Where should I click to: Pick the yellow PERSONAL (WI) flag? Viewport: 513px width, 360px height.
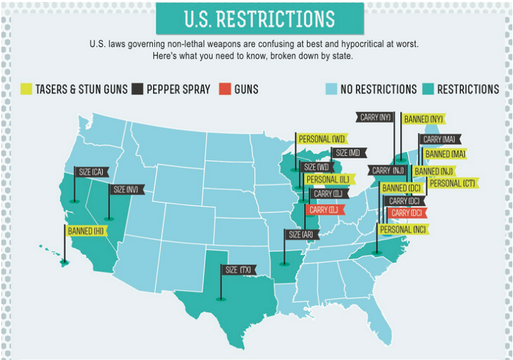[x=321, y=139]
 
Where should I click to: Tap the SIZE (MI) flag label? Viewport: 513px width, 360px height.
[x=347, y=153]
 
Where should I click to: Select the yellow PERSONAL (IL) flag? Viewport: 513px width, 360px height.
[x=327, y=179]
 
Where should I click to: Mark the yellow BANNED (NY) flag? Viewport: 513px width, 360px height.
[x=423, y=120]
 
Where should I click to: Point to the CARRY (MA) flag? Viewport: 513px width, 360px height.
[x=439, y=140]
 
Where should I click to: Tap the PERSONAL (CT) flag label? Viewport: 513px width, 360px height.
[x=452, y=182]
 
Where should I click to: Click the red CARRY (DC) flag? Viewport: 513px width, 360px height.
[x=407, y=213]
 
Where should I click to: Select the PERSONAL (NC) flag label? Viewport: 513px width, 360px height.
[x=403, y=229]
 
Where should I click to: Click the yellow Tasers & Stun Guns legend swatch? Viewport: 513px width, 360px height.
[x=27, y=89]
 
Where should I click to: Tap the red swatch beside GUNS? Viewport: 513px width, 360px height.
[x=225, y=89]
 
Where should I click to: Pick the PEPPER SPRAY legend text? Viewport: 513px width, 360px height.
[x=178, y=89]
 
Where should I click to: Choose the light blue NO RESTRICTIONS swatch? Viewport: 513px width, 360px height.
[x=331, y=89]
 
